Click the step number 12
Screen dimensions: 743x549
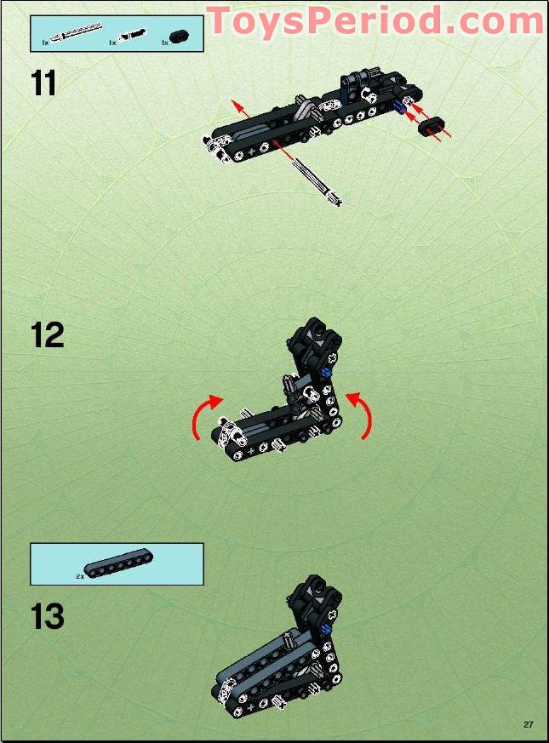coord(47,334)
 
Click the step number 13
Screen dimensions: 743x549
coord(47,616)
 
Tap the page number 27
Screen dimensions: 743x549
coord(529,724)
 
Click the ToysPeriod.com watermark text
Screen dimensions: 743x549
coord(375,20)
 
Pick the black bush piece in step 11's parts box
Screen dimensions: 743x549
coord(178,37)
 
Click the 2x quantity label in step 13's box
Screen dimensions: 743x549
coord(79,576)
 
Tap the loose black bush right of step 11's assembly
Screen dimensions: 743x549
coord(432,128)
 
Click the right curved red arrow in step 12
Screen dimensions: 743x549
coord(362,414)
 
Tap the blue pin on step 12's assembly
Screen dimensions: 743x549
coord(327,371)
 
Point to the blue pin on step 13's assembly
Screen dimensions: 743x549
coord(327,630)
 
